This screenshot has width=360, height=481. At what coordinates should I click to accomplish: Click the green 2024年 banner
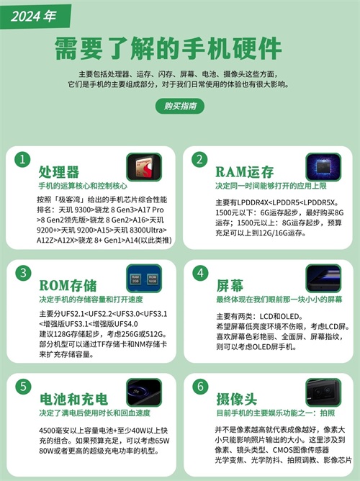tap(35, 17)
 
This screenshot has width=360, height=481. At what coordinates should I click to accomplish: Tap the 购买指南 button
tap(180, 106)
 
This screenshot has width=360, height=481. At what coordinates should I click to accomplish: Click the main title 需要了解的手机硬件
tap(168, 48)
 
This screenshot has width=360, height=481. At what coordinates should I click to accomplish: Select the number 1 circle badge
tap(22, 160)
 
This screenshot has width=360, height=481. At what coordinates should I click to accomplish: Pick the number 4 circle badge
tap(201, 273)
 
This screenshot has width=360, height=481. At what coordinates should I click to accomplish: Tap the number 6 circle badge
tap(201, 387)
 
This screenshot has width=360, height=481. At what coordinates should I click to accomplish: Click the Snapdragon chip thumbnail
tap(144, 167)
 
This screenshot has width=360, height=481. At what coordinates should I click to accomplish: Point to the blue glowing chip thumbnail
tap(323, 167)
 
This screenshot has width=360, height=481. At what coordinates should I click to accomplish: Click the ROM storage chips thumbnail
tap(144, 278)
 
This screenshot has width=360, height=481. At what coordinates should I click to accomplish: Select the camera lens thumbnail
tap(323, 392)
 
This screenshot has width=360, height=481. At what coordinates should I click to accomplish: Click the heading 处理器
tap(59, 172)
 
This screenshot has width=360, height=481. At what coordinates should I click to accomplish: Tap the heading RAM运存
tap(244, 172)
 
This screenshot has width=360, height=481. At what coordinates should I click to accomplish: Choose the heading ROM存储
tap(68, 286)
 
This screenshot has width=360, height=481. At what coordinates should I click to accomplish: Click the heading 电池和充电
tap(73, 399)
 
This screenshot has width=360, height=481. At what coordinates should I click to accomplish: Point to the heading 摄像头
tap(236, 399)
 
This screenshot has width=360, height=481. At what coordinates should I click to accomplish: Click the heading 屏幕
tap(230, 286)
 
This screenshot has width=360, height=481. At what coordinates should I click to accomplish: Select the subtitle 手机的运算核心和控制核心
tap(83, 186)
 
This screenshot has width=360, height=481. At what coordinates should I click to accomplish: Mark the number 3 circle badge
tap(23, 273)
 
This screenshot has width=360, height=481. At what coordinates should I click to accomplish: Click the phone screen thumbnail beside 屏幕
tap(323, 278)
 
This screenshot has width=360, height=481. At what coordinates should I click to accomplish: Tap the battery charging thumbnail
tap(144, 392)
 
